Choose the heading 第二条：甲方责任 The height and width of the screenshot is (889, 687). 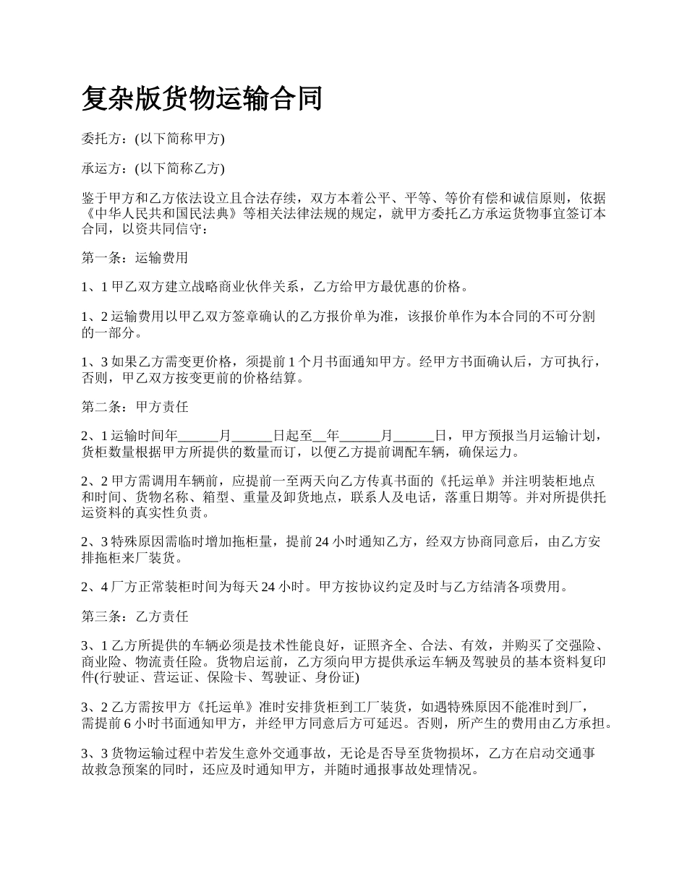click(x=135, y=406)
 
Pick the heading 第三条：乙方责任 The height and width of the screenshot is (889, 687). click(x=135, y=616)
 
